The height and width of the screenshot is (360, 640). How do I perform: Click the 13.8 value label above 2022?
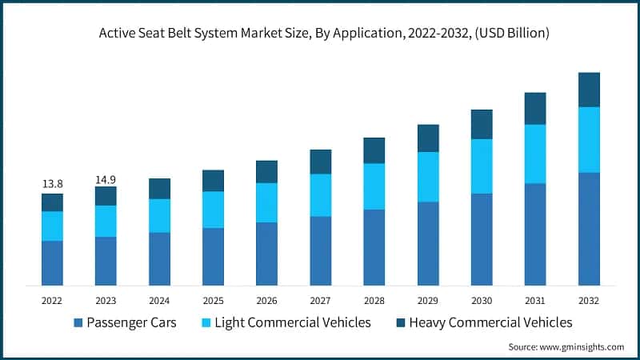52,184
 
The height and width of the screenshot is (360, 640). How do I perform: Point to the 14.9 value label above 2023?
106,179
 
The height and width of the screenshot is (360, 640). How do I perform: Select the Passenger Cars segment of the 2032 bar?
589,228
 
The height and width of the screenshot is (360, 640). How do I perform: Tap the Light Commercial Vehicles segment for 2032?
589,139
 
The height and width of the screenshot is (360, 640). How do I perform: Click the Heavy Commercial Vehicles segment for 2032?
589,90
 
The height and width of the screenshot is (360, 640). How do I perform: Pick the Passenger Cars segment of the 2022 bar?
52,262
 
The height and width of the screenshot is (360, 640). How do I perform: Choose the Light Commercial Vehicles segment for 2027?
321,195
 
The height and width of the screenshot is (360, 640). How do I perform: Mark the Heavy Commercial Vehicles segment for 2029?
428,138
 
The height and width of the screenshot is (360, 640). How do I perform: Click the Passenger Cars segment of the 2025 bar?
213,256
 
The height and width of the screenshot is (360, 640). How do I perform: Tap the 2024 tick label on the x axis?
159,300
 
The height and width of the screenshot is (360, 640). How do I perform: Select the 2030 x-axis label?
482,300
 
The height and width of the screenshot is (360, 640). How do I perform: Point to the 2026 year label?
266,300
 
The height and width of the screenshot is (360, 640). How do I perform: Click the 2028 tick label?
374,300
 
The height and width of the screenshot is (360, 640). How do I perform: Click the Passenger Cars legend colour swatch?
78,323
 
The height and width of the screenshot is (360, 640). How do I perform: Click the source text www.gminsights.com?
582,346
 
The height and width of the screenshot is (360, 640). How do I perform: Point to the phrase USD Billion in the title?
506,34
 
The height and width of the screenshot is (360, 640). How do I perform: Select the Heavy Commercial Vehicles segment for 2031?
535,108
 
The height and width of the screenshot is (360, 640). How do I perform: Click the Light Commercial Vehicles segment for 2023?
106,221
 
